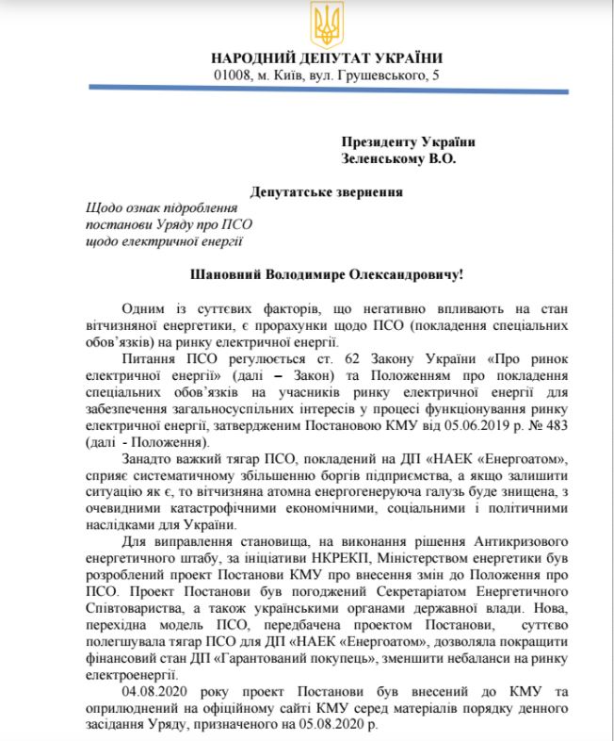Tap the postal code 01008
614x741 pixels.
tap(231, 74)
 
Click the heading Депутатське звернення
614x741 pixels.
tap(327, 191)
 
